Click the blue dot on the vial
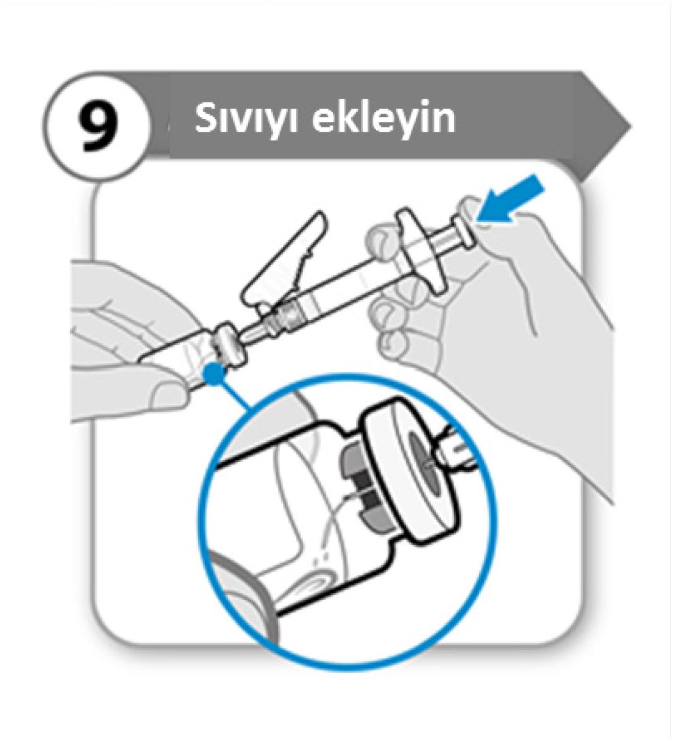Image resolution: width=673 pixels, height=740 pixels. (x=214, y=373)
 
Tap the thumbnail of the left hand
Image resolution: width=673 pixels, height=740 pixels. (x=167, y=393)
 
